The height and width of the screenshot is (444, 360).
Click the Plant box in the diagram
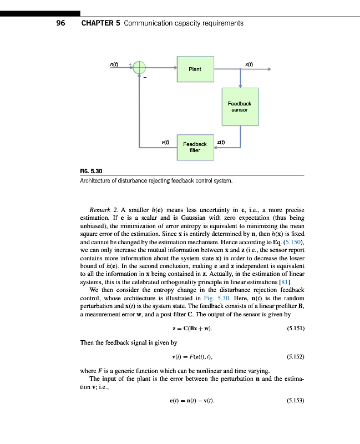click(195, 69)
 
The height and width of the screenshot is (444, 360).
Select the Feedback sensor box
click(240, 106)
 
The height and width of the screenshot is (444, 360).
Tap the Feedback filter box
click(195, 147)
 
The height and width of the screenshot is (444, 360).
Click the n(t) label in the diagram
click(113, 64)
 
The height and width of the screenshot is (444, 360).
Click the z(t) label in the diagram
click(221, 142)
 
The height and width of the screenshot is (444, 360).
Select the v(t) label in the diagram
click(165, 142)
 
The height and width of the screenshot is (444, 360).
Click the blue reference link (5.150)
click(292, 243)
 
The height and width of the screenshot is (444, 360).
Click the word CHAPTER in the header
click(97, 23)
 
